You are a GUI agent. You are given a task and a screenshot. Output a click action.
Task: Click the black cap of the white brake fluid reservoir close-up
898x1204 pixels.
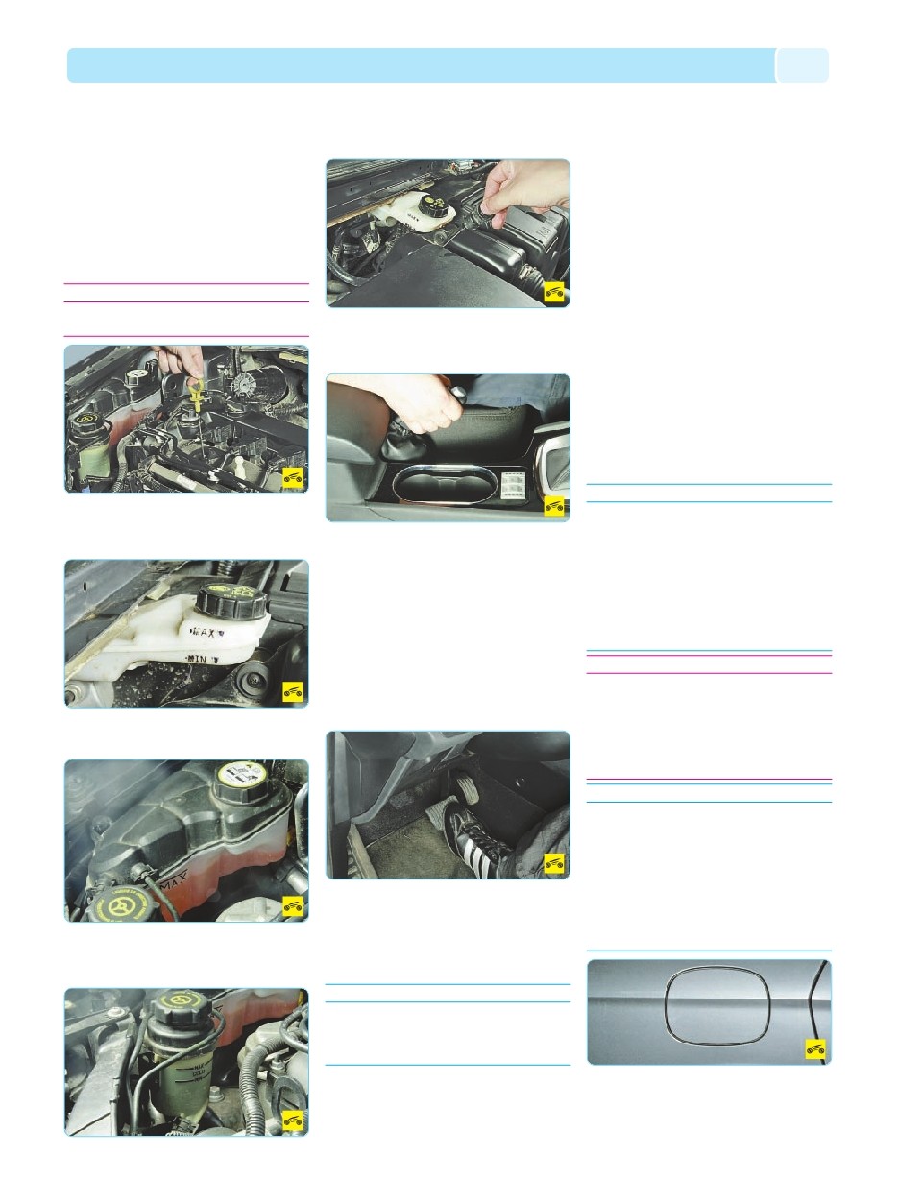[229, 601]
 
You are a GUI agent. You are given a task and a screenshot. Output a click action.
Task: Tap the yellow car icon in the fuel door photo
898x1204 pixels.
[815, 1051]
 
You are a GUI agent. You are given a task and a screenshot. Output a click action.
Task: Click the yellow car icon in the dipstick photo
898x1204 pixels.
[293, 477]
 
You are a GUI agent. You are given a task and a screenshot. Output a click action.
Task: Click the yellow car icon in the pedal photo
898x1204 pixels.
[554, 863]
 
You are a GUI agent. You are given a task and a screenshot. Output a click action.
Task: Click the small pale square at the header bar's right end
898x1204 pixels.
[802, 65]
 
